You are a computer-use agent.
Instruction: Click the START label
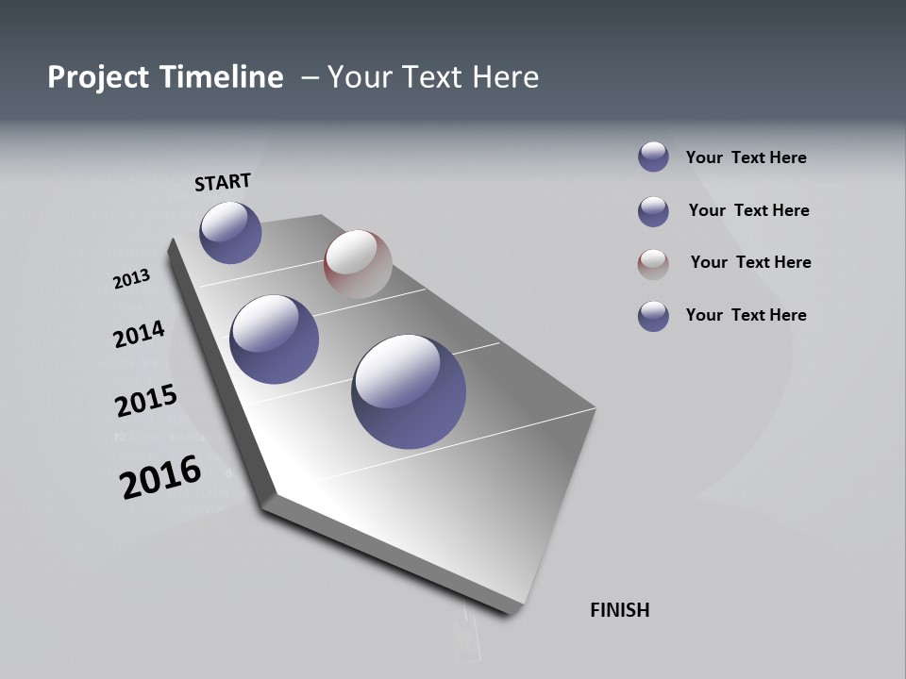(x=223, y=182)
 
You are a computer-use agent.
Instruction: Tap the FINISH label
(x=619, y=610)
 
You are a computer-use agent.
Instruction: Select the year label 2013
(x=132, y=279)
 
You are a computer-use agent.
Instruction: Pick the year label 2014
(x=140, y=334)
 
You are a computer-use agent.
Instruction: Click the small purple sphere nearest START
(x=230, y=232)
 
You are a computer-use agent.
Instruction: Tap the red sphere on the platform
(x=358, y=264)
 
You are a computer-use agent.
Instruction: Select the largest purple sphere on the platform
(x=409, y=391)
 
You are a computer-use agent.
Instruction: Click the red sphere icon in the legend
(x=653, y=264)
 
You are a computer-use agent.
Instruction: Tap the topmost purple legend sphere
(x=653, y=157)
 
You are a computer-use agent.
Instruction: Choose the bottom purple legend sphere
(x=653, y=316)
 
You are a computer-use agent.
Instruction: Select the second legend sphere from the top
(x=653, y=211)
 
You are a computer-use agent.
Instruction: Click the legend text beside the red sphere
(x=750, y=262)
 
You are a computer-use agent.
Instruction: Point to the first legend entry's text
(x=746, y=157)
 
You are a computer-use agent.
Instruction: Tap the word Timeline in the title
(x=223, y=77)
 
